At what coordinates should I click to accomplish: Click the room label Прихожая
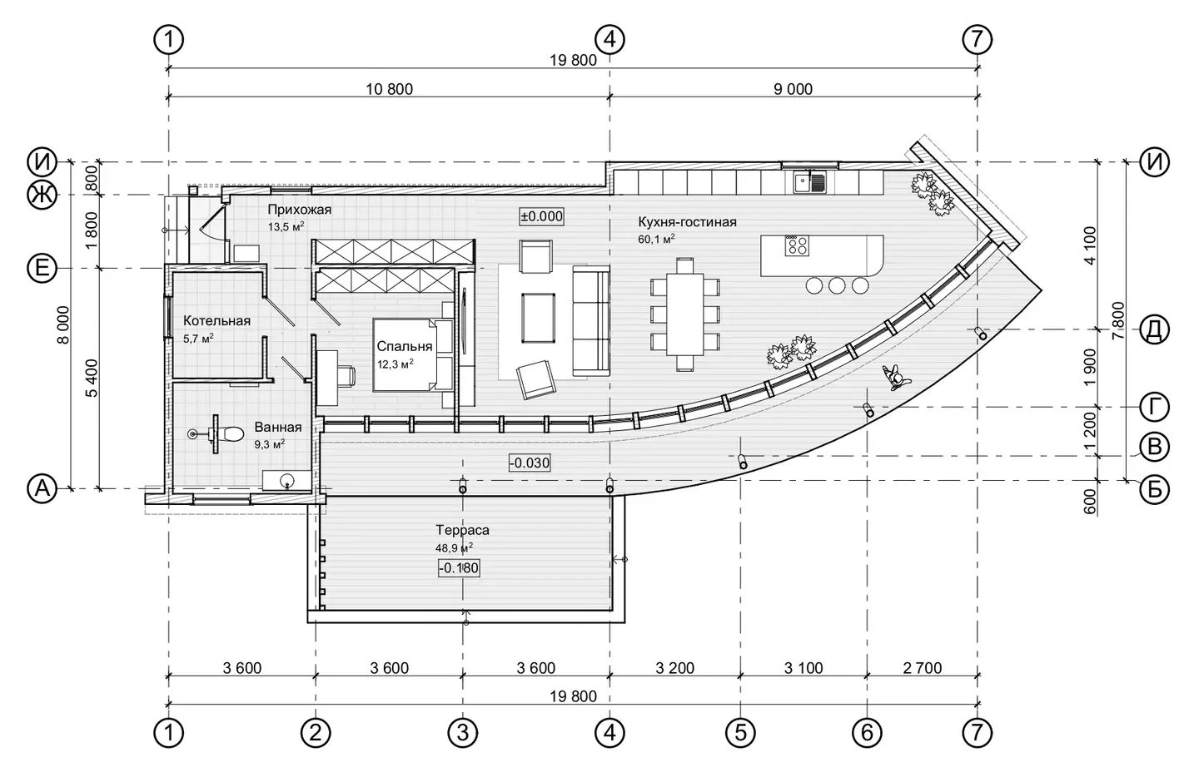[299, 210]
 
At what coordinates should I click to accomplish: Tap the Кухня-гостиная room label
[687, 222]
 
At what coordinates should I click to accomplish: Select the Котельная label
[216, 321]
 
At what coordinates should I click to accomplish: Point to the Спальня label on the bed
[404, 347]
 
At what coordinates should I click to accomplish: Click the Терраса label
[462, 531]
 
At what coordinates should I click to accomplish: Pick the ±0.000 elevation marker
[542, 216]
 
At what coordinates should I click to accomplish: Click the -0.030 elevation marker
[529, 463]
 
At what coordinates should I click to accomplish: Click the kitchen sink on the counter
[808, 182]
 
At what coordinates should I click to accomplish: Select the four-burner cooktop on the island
[797, 246]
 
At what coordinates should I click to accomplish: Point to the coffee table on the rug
[539, 318]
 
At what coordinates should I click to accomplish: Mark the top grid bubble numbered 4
[609, 40]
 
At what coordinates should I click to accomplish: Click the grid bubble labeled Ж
[42, 195]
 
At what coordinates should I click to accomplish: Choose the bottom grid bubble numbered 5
[741, 733]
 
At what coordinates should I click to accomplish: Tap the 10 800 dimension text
[389, 89]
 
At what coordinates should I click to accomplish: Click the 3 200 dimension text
[675, 668]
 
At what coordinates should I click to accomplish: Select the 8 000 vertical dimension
[63, 325]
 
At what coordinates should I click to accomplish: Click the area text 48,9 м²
[455, 547]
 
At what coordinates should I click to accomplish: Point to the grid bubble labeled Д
[1155, 330]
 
